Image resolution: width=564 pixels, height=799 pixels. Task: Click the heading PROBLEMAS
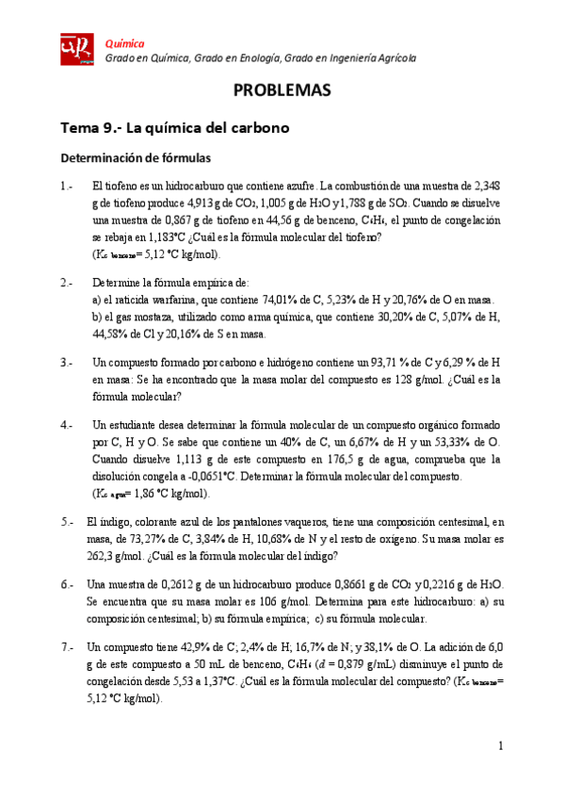pos(282,91)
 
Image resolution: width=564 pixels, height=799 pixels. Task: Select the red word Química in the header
pos(124,43)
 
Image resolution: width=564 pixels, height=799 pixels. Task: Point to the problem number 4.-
pos(67,424)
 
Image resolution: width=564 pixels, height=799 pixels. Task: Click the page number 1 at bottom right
pos(502,746)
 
